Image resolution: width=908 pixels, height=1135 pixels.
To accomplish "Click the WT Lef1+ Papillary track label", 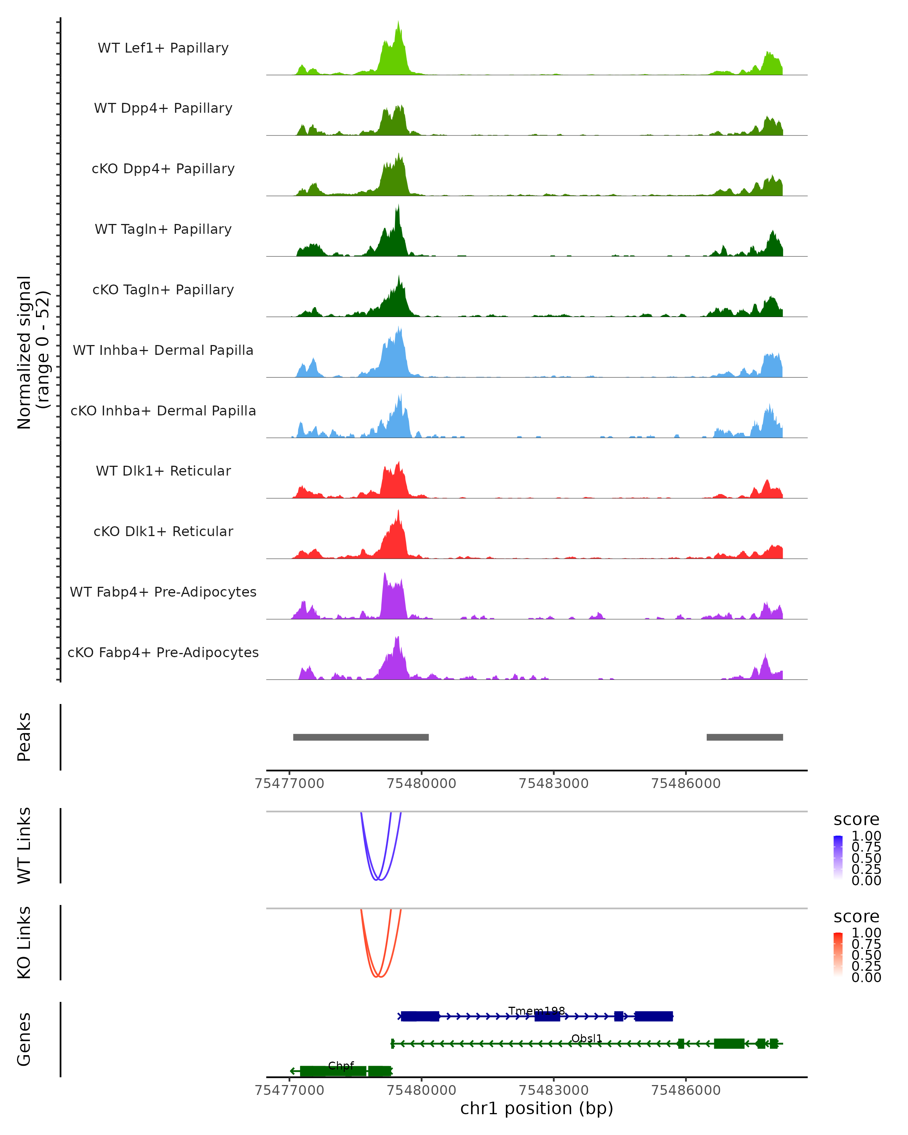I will click(x=163, y=48).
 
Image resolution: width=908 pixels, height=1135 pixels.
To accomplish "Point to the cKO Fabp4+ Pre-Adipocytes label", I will click(x=163, y=652).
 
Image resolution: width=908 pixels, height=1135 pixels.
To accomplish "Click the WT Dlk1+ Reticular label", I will click(x=163, y=471).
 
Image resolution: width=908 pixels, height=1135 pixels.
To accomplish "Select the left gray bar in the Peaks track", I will click(x=361, y=737).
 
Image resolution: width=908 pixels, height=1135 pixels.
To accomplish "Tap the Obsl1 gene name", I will click(x=586, y=1038).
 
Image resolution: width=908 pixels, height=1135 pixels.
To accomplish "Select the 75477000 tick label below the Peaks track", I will click(x=289, y=784).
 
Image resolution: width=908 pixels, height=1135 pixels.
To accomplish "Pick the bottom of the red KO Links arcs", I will click(x=378, y=977).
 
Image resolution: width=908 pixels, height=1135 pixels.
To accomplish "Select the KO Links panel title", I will click(x=24, y=942).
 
